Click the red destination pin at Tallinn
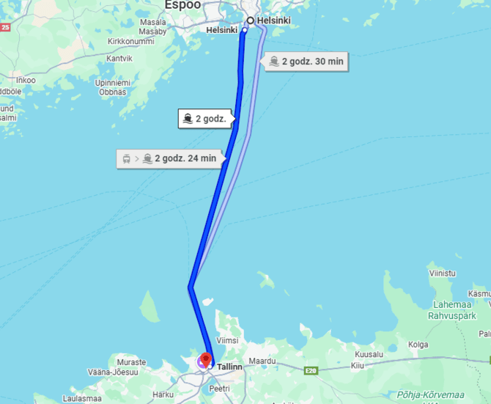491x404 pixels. pyautogui.click(x=206, y=359)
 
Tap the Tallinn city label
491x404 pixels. pyautogui.click(x=229, y=367)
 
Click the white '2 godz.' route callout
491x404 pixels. pyautogui.click(x=206, y=119)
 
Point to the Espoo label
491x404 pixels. pyautogui.click(x=182, y=4)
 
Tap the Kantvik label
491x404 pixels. pyautogui.click(x=119, y=58)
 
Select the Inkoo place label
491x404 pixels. pyautogui.click(x=25, y=80)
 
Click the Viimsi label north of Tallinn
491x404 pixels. pyautogui.click(x=228, y=341)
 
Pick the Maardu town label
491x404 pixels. pyautogui.click(x=262, y=361)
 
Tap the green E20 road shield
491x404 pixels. pyautogui.click(x=311, y=371)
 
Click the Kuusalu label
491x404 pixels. pyautogui.click(x=368, y=354)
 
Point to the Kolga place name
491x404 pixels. pyautogui.click(x=418, y=344)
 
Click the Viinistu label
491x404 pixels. pyautogui.click(x=442, y=273)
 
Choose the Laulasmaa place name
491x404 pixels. pyautogui.click(x=82, y=398)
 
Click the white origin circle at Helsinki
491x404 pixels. pyautogui.click(x=250, y=21)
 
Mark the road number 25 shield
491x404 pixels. pyautogui.click(x=5, y=27)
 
